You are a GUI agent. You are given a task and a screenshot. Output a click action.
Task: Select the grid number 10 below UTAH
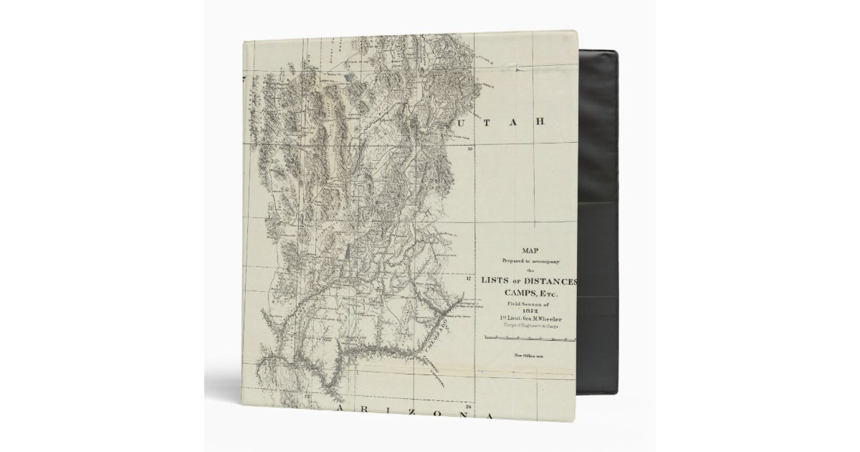pos(471,150)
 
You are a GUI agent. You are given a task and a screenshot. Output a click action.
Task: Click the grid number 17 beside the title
pos(469,280)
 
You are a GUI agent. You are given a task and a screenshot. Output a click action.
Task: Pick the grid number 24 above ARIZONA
pos(468,406)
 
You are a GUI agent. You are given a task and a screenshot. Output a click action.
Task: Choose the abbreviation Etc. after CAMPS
pos(547,294)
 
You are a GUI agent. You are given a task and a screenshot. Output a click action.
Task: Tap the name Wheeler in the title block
pos(548,319)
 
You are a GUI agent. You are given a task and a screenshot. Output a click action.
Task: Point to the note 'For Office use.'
pos(529,355)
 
